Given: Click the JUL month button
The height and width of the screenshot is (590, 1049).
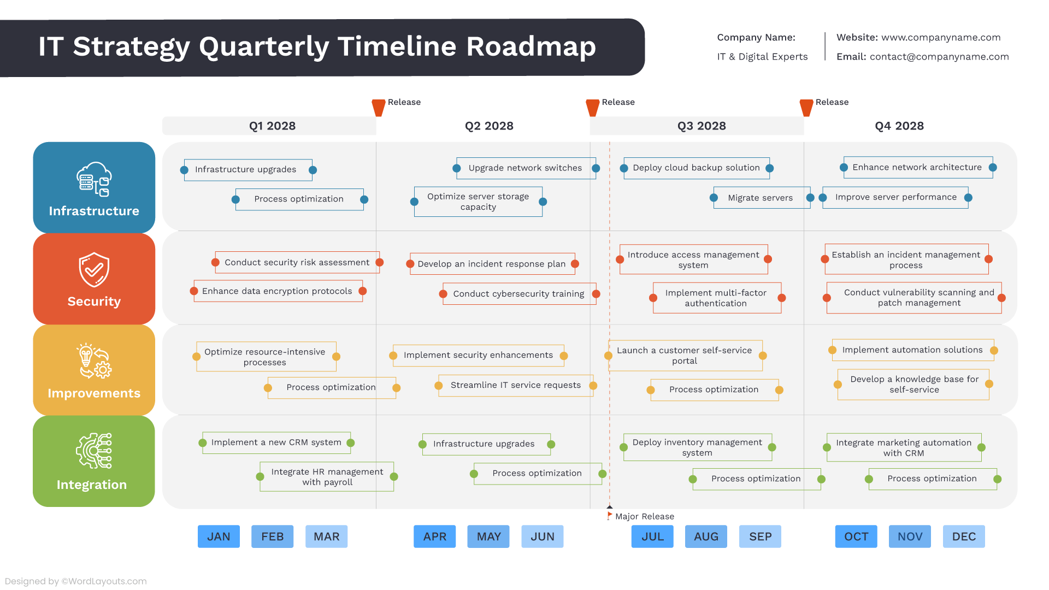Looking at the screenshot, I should pos(652,536).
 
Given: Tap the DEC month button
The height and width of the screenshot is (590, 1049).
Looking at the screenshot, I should pos(964,536).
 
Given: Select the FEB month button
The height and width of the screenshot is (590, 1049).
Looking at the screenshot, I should pos(272,536).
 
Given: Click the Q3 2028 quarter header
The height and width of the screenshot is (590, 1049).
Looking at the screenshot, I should pos(702,126).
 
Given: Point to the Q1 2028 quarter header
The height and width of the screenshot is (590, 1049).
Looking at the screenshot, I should pos(272,126).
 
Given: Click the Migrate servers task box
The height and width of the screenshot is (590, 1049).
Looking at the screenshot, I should pos(760,198).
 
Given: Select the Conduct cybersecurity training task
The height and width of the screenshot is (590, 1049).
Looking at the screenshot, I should pos(518,294).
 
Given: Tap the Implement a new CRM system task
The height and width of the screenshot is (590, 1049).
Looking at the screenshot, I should pos(276,442).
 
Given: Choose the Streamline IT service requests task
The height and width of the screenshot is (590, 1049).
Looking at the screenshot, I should pos(515,385).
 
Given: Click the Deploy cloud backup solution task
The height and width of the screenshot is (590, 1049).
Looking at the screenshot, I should pos(696,168).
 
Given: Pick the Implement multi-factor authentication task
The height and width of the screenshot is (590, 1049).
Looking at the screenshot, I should pos(716,298).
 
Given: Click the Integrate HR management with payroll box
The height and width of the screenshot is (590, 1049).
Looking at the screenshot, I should pos(327,476).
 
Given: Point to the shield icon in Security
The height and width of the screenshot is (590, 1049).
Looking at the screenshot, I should pos(94,269).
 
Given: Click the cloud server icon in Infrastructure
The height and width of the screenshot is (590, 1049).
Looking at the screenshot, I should pos(94,179).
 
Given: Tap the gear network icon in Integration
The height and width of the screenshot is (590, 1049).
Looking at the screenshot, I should pos(94,451).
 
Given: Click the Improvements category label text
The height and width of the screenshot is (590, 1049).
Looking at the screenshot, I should pos(94,393).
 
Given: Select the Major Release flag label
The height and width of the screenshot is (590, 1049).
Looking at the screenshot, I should pos(644,516).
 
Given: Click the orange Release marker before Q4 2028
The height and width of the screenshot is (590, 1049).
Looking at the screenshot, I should pos(806,107).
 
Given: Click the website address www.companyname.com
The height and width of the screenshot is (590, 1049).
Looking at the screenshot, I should pos(941,38).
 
